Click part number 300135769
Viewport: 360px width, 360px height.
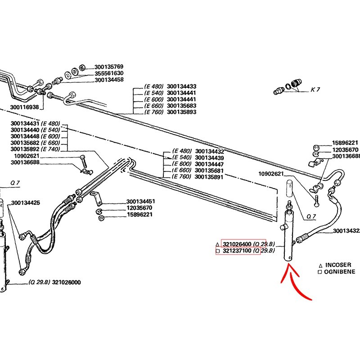click(109, 67)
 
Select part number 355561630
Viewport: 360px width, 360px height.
click(109, 73)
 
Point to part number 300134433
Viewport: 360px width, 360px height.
click(181, 86)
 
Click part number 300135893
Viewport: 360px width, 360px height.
click(181, 112)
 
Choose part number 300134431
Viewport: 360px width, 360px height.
click(25, 123)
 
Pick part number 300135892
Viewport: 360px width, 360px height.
click(25, 149)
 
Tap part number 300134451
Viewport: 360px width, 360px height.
click(141, 201)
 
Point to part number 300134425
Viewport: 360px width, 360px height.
click(26, 202)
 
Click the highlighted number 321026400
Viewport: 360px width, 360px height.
click(237, 244)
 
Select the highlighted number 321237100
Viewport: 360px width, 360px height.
click(237, 251)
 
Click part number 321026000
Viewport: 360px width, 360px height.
click(67, 283)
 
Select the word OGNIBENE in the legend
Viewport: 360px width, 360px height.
click(339, 272)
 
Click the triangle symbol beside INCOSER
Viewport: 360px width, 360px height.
click(319, 265)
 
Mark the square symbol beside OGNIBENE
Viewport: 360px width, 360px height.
click(319, 272)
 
